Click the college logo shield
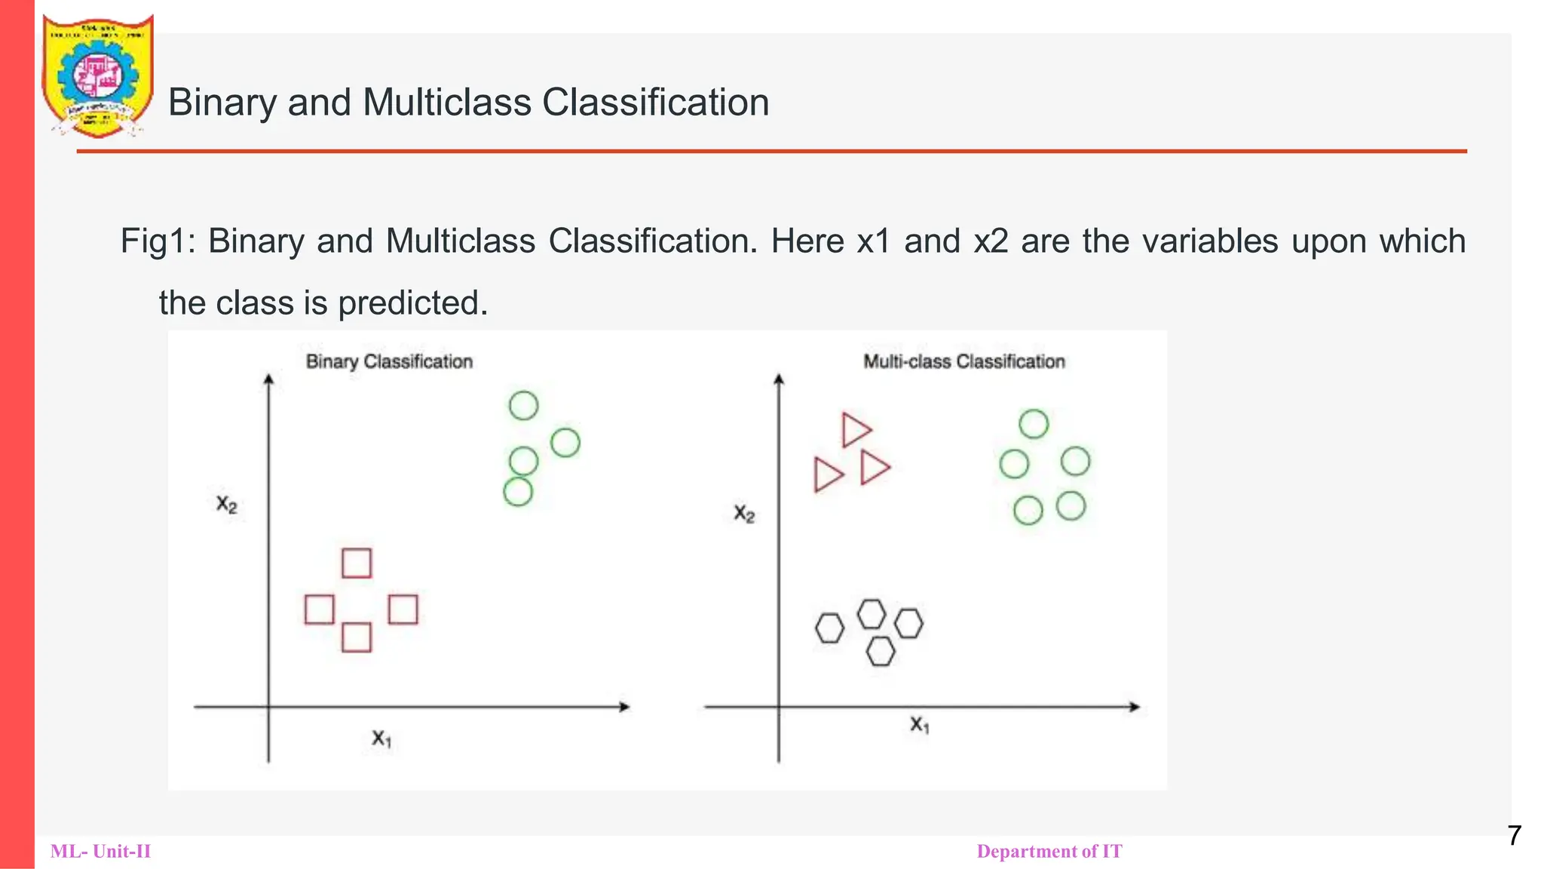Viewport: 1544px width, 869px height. (x=97, y=76)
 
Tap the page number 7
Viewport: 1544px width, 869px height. (x=1514, y=836)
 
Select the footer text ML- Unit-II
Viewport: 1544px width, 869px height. (x=100, y=852)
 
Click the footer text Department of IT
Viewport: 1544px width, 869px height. (x=1049, y=852)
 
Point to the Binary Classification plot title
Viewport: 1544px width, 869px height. (x=389, y=361)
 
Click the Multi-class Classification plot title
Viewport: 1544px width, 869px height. (x=963, y=361)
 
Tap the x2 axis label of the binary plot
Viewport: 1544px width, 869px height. (x=226, y=504)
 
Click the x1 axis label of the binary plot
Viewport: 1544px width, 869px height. (x=381, y=738)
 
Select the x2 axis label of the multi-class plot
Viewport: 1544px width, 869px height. (x=744, y=514)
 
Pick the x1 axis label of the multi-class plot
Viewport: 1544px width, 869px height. (x=919, y=725)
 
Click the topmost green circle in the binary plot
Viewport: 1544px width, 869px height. (x=523, y=406)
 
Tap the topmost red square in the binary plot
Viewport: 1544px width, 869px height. (x=357, y=563)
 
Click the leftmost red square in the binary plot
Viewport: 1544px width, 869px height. (x=320, y=610)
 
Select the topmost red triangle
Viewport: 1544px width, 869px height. (x=854, y=430)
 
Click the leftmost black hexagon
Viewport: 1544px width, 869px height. (x=829, y=628)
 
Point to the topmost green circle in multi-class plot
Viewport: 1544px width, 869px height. (x=1034, y=424)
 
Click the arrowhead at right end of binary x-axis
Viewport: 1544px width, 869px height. (x=625, y=707)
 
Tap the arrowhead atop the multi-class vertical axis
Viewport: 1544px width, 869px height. (x=779, y=379)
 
